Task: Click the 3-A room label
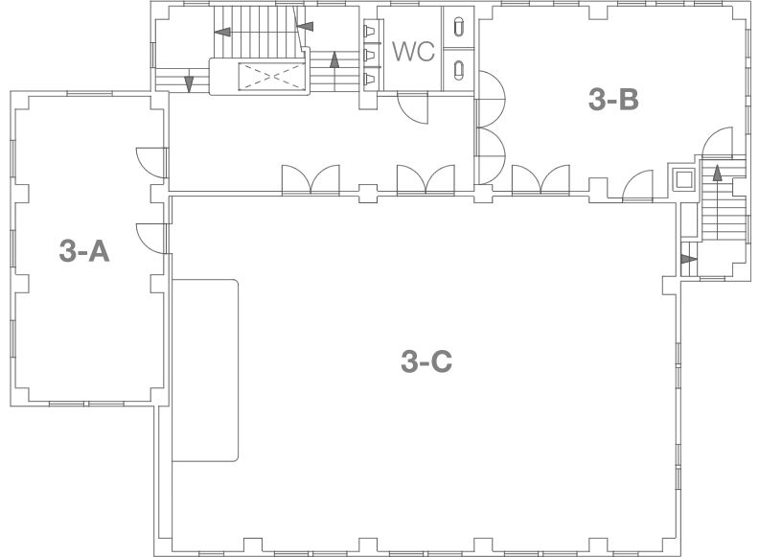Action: point(84,253)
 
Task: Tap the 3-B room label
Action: point(613,99)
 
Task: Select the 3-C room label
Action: point(425,363)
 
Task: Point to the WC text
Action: point(414,52)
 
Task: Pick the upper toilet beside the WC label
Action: point(459,27)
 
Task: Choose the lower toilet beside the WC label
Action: point(459,69)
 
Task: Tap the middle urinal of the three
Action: point(369,54)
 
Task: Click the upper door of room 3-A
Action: point(151,161)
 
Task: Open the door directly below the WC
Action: point(415,108)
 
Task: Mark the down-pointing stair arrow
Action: point(189,82)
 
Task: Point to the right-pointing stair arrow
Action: point(687,259)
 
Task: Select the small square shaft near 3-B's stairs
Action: point(684,180)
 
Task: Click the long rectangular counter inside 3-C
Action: point(205,370)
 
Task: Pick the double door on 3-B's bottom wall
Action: point(540,179)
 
